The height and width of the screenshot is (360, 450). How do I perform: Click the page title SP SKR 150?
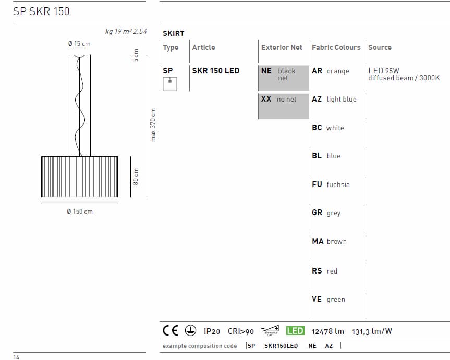[41, 11]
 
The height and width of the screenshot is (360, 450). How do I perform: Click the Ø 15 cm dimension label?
[79, 44]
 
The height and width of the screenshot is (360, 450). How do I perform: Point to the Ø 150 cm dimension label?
[80, 212]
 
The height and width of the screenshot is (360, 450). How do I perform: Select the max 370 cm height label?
[153, 125]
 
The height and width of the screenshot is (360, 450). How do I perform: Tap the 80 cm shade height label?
[136, 177]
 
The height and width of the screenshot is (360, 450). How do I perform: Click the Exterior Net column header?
[282, 47]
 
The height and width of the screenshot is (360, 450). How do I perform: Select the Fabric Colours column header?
[336, 47]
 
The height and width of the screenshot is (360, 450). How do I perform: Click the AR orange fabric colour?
[331, 71]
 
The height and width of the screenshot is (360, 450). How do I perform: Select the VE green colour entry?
[329, 299]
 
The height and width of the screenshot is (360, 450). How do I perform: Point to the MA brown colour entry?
[329, 241]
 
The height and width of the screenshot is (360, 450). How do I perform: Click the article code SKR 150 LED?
[216, 71]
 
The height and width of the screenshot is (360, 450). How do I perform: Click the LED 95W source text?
[384, 71]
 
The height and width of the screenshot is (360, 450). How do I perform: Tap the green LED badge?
[295, 330]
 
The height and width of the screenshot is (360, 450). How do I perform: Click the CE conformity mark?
[171, 330]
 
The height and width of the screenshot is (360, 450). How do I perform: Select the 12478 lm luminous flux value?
[328, 331]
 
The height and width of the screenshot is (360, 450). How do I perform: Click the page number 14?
[17, 357]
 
